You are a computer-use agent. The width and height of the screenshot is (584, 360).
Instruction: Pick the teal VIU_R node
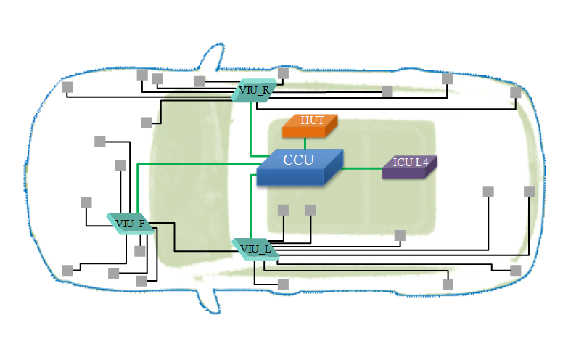point(254,91)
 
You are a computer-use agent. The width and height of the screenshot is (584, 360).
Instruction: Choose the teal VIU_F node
point(130,223)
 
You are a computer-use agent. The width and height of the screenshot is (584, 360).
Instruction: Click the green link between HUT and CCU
point(305,144)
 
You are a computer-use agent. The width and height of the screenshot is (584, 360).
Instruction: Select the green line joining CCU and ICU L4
point(362,168)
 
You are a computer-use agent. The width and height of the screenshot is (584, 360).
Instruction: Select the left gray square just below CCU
point(283,210)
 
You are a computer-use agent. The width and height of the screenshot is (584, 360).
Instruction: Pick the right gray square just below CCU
point(310,210)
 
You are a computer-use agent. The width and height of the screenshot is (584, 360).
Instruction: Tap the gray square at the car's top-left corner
point(67,87)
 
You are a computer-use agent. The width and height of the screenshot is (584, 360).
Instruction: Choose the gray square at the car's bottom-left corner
point(67,270)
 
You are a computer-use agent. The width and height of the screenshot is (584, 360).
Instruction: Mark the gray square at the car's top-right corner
point(515,92)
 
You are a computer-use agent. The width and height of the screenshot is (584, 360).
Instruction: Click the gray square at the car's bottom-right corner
point(515,270)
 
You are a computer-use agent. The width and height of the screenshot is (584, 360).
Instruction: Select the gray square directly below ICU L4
point(399,235)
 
